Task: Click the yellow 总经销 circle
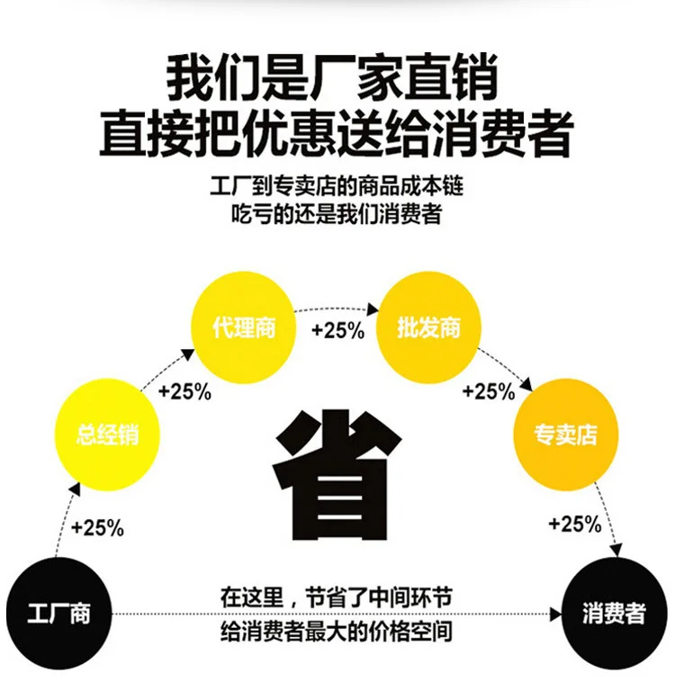click(x=107, y=435)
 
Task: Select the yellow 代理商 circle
click(x=243, y=328)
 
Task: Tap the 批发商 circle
click(x=428, y=328)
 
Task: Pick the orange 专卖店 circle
click(x=566, y=435)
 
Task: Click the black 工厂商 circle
click(x=58, y=614)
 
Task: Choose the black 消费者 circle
click(x=615, y=614)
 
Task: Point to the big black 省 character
click(x=337, y=475)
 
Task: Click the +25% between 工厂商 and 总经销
click(x=97, y=527)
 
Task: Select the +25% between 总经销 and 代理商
click(x=184, y=391)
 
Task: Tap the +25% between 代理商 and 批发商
click(x=338, y=330)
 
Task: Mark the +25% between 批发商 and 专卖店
click(x=489, y=390)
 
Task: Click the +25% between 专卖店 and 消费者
click(x=575, y=524)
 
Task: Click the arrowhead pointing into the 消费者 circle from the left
click(x=556, y=614)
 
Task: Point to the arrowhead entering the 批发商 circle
click(x=373, y=309)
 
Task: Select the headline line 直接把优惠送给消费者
click(x=337, y=133)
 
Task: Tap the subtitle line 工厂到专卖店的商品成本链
click(x=337, y=186)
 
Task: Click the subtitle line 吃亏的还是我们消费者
click(x=337, y=214)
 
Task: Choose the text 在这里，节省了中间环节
click(x=337, y=597)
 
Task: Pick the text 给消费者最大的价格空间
click(x=337, y=631)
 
